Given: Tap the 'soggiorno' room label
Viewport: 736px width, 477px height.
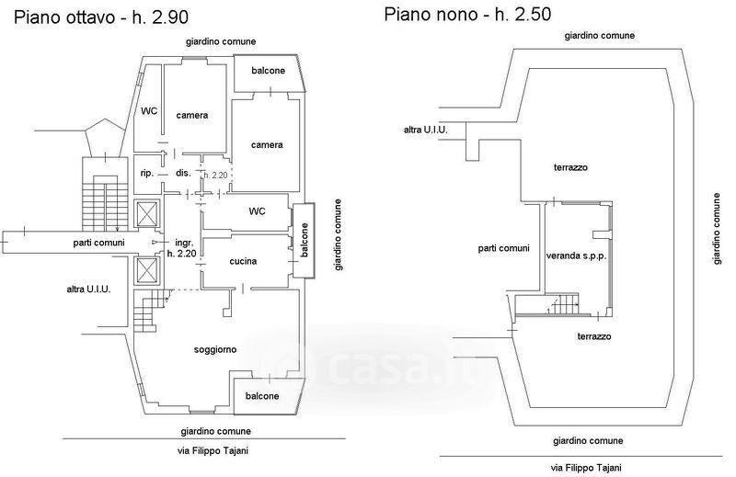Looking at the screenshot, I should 216,349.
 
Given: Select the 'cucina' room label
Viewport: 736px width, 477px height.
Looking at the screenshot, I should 244,261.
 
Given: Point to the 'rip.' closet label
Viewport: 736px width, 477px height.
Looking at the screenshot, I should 146,173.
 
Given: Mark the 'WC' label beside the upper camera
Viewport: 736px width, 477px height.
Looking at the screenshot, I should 149,111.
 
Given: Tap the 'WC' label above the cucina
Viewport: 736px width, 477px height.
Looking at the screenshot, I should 257,211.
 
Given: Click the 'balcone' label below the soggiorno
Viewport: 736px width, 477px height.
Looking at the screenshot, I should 265,396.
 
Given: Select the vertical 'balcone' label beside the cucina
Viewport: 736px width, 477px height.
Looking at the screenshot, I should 302,242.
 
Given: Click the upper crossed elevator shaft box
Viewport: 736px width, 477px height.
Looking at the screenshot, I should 146,213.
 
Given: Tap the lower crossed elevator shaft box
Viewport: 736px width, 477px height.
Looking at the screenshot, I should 146,271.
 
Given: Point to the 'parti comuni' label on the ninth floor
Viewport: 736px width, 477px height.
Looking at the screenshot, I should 503,248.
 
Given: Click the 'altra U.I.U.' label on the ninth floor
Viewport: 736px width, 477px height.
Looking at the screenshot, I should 426,130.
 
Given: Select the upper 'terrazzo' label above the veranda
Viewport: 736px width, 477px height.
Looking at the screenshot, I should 570,167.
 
